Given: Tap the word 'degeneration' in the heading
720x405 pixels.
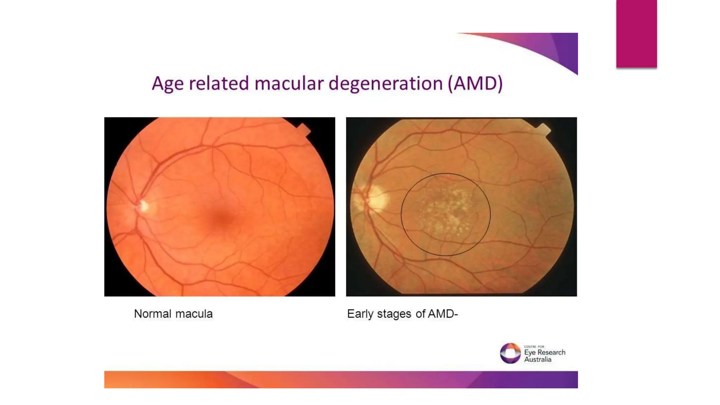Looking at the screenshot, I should (x=386, y=84).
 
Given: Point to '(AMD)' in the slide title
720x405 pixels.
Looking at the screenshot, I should (x=475, y=84).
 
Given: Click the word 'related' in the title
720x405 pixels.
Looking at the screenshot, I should (x=219, y=84).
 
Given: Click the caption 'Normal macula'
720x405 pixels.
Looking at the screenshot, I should (x=173, y=314).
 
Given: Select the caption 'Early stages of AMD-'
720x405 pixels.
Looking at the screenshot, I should (x=402, y=314).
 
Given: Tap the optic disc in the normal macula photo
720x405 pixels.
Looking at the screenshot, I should (x=143, y=206).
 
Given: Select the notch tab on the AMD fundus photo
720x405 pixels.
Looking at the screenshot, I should (x=544, y=129).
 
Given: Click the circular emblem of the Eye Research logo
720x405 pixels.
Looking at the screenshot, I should (x=510, y=353).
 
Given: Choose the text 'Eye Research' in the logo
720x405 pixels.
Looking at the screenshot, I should (x=545, y=352).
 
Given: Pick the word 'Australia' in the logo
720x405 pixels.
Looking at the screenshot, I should (x=538, y=360).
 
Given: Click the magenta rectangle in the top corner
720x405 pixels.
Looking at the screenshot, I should (x=636, y=34).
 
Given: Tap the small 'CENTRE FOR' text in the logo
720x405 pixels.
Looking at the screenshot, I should (x=534, y=347).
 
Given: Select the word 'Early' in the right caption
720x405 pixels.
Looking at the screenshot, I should (x=360, y=314).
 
